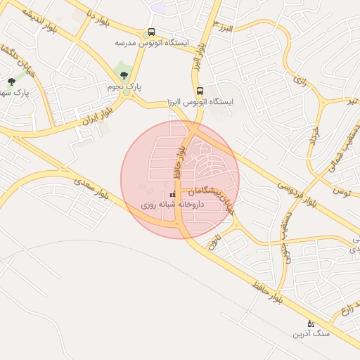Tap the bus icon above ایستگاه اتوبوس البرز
[x=200, y=91]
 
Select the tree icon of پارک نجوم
[x=124, y=74]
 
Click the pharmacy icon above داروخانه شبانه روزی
[x=173, y=195]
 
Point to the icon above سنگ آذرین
[x=311, y=323]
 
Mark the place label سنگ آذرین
[x=311, y=335]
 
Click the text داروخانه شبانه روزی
[x=173, y=205]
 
